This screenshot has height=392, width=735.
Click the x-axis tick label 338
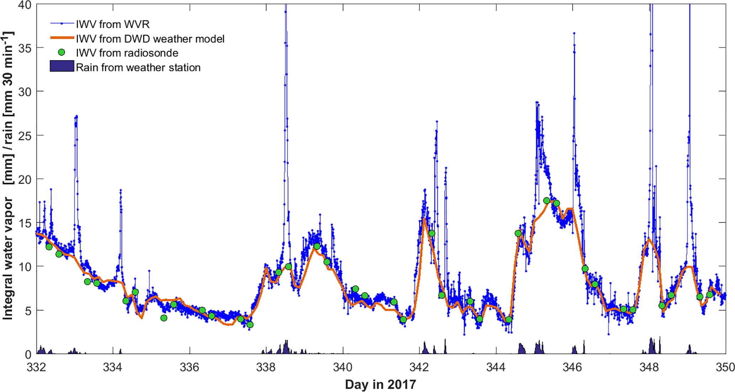tap(266, 367)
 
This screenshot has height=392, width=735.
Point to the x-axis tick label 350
tap(725, 367)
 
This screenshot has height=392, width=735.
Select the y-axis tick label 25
tap(25, 135)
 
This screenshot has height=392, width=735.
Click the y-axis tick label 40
tap(25, 5)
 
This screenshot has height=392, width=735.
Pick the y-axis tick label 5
tap(28, 311)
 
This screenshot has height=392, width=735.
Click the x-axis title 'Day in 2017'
tap(380, 385)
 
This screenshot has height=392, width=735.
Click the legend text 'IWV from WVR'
tap(113, 24)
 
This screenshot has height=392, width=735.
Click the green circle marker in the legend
tap(62, 53)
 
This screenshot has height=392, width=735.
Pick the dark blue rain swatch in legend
tap(62, 66)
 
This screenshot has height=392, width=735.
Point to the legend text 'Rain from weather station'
tap(138, 68)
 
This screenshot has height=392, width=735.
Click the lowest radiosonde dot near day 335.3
tap(164, 318)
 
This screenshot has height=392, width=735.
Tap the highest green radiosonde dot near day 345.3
tap(547, 201)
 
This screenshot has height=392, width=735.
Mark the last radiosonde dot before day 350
tap(709, 294)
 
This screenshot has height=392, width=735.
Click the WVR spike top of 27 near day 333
tap(76, 117)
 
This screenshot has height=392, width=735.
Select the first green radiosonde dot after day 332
tap(49, 247)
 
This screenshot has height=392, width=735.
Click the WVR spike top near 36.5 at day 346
tap(574, 33)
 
